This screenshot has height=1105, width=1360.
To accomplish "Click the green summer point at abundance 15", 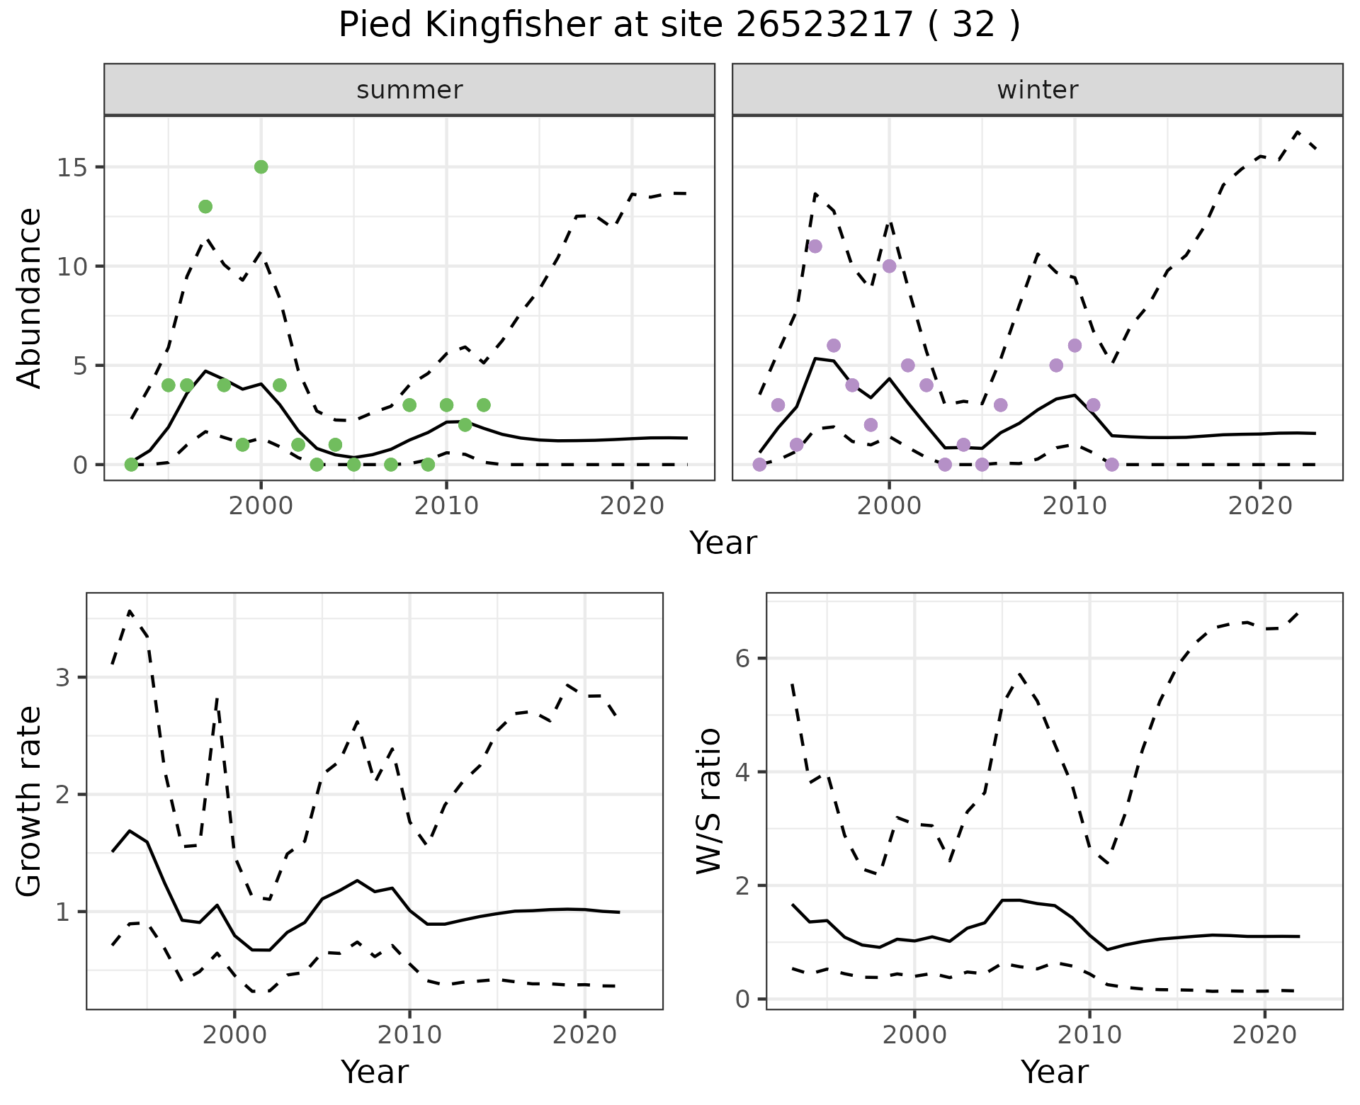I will click(x=261, y=167).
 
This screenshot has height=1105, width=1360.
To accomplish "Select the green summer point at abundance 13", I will click(x=205, y=207).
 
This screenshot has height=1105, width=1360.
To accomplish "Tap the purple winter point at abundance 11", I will click(x=815, y=246).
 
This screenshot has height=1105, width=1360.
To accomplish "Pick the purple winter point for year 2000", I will click(x=889, y=266).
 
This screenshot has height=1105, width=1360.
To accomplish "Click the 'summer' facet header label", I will click(x=409, y=90).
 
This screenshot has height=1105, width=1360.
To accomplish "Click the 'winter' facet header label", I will click(x=1037, y=90).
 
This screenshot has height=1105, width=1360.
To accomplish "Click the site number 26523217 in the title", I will click(x=824, y=25).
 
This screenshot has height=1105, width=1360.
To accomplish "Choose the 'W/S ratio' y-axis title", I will click(x=709, y=801).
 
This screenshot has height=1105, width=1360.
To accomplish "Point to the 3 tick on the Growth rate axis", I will click(x=63, y=678).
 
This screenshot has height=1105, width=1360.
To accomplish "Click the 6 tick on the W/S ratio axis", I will click(x=743, y=659).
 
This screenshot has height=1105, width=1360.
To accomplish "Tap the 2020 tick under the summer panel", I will click(x=631, y=506).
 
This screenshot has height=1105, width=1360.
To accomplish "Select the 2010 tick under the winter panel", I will click(x=1075, y=506).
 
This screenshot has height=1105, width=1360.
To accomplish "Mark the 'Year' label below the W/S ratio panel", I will click(x=1054, y=1072).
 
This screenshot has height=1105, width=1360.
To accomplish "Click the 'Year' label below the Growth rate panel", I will click(x=374, y=1072).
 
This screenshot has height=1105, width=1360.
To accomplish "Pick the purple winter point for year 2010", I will click(x=1075, y=346).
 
